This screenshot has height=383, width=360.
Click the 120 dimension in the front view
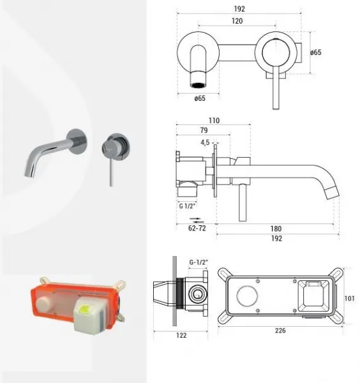click(x=237, y=21)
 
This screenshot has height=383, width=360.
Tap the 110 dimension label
click(x=214, y=121)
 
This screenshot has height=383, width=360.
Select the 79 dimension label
click(x=204, y=130)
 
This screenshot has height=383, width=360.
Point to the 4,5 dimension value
click(x=205, y=142)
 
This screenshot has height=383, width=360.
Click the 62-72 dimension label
click(x=197, y=229)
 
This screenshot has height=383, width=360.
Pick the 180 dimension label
click(x=276, y=229)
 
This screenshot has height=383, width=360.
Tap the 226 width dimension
click(x=280, y=331)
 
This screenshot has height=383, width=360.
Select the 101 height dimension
click(x=350, y=298)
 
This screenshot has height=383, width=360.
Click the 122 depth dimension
click(x=181, y=335)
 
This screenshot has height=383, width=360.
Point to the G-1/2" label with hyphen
click(x=199, y=262)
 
